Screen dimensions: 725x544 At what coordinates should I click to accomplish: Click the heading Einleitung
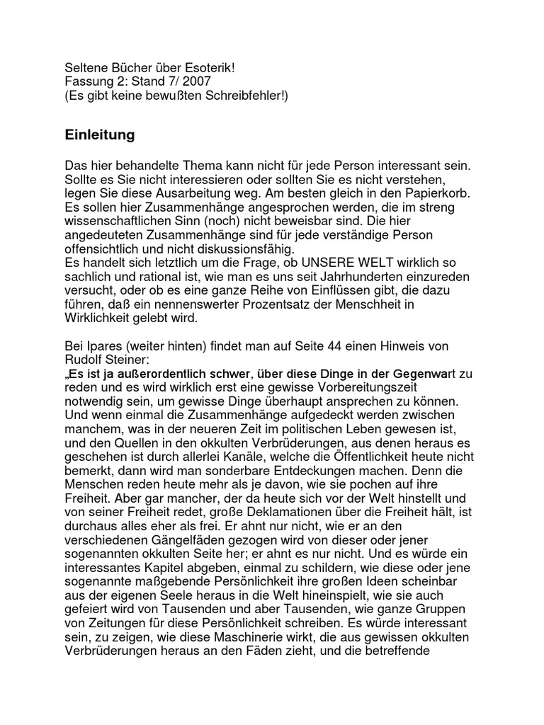[x=99, y=134]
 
